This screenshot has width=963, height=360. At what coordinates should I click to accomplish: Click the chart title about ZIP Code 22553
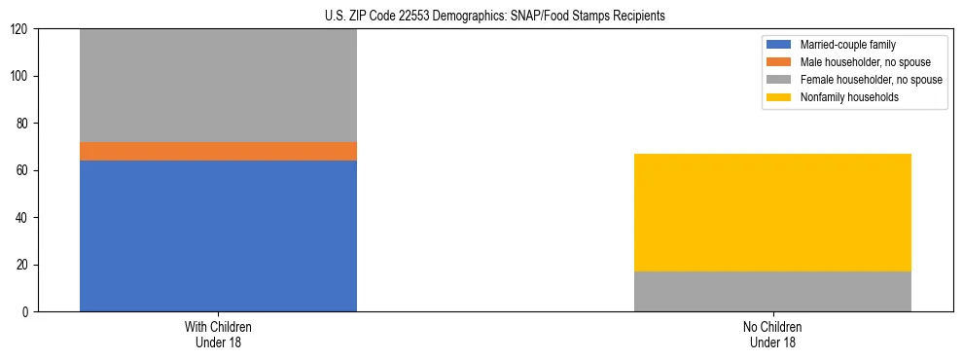click(495, 16)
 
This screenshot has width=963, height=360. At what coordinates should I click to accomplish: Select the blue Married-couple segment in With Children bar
click(218, 235)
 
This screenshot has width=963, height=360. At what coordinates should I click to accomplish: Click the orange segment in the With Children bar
click(218, 151)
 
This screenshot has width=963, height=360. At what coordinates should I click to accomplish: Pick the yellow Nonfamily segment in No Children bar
click(772, 212)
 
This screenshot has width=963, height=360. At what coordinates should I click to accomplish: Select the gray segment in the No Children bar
click(772, 291)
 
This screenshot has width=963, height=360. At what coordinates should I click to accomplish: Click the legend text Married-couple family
click(847, 45)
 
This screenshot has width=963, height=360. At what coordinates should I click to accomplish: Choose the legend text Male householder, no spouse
click(865, 62)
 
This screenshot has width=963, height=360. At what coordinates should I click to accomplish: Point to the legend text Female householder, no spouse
click(871, 80)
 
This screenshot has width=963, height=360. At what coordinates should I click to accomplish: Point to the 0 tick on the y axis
click(27, 312)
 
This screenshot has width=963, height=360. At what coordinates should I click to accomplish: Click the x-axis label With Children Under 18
click(218, 334)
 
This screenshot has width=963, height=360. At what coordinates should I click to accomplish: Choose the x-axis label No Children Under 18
click(772, 334)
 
